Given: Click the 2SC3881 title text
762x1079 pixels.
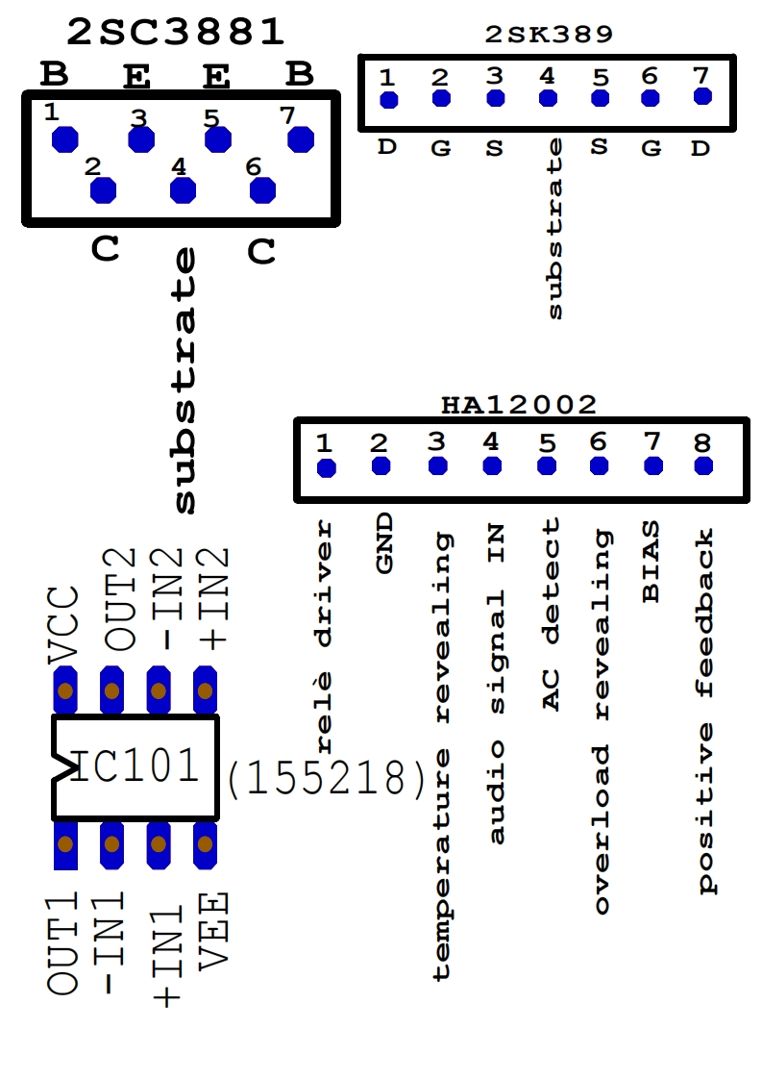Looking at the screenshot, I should [176, 33].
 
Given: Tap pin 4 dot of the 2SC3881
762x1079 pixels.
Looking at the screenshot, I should [182, 190].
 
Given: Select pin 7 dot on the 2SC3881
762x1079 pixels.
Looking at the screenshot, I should [301, 138].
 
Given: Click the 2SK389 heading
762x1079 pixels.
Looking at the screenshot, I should [549, 36].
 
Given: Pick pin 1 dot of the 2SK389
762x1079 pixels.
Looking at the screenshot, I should [388, 100].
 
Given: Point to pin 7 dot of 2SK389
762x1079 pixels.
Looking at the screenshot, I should [702, 96].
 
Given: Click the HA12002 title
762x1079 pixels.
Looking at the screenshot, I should [519, 405].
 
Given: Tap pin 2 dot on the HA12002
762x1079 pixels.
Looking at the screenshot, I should [381, 466].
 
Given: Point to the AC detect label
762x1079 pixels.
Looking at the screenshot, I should [551, 614].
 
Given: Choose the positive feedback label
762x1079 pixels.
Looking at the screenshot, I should [706, 711].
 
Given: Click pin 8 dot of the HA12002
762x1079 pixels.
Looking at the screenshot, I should [703, 466].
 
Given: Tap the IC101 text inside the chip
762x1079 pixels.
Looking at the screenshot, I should [135, 766].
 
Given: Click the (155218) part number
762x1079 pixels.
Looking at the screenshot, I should [326, 779].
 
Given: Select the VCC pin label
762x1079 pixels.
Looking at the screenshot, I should [63, 623].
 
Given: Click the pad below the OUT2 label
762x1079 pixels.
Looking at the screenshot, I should [112, 690].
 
